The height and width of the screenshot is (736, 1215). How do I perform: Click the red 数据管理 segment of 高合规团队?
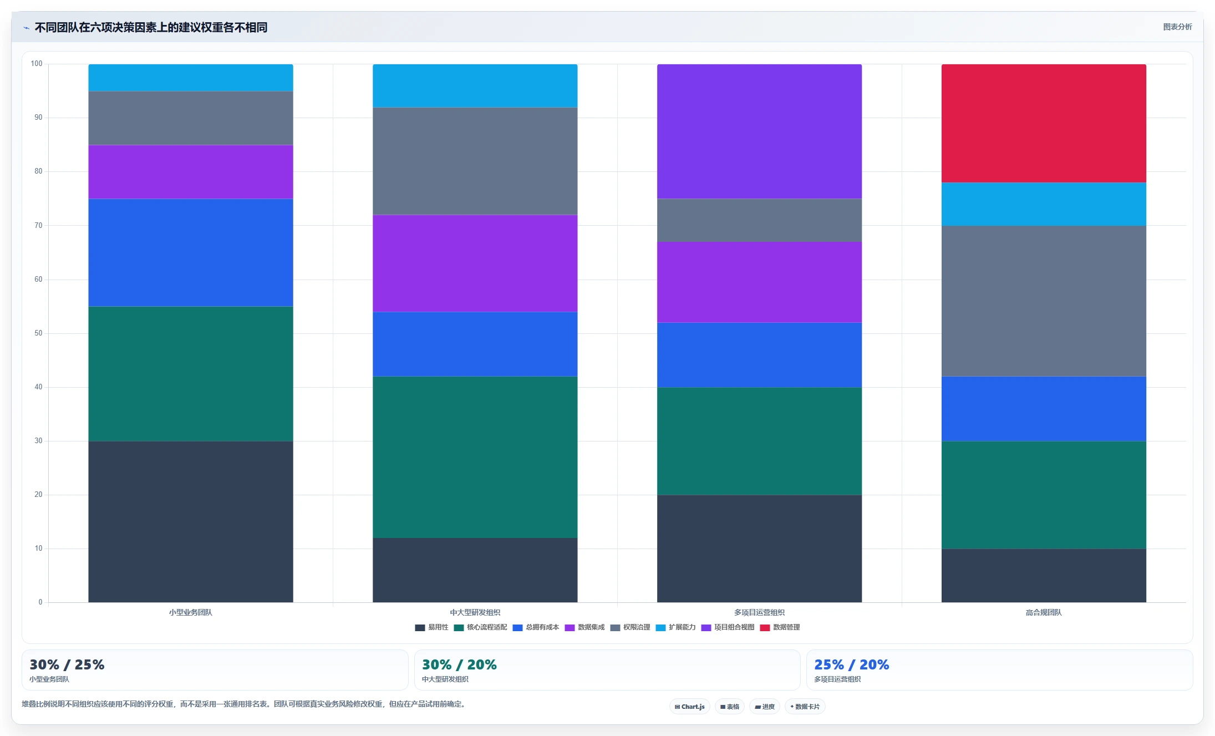(1044, 123)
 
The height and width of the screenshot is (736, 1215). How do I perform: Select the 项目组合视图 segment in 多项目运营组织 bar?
(759, 131)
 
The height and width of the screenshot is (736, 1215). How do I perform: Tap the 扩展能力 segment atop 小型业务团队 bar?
(191, 78)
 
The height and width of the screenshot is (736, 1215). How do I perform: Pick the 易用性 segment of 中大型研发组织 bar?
(475, 570)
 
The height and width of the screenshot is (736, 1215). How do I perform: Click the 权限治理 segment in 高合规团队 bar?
(1044, 301)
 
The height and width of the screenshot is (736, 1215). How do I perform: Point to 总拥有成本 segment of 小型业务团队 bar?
(191, 252)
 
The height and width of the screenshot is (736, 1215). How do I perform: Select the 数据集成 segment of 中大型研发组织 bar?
(475, 263)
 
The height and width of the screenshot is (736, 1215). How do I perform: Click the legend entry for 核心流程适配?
(481, 627)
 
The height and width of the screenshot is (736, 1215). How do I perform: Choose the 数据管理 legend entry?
(780, 627)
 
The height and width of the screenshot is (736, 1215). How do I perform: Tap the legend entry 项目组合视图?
(728, 627)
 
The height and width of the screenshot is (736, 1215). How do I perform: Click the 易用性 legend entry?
(431, 627)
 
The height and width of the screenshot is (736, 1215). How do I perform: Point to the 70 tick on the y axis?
(38, 225)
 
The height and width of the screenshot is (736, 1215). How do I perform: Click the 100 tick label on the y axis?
(37, 64)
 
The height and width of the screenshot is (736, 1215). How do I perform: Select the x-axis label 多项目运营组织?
(759, 612)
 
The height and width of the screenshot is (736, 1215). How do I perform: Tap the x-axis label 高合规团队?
(1044, 612)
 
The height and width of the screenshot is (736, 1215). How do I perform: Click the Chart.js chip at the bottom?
(690, 707)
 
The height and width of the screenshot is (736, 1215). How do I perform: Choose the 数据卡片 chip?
(805, 707)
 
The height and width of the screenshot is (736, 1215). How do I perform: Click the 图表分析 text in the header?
(1177, 27)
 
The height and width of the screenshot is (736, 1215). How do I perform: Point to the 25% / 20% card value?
(851, 664)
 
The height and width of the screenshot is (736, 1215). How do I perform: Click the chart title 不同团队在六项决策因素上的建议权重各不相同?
(151, 27)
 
